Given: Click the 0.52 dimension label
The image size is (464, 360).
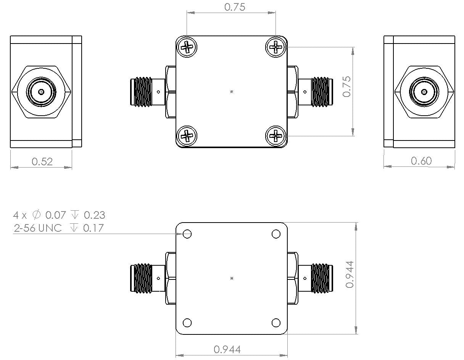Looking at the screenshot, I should click(42, 161).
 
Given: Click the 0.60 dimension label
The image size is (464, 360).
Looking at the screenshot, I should click(421, 161).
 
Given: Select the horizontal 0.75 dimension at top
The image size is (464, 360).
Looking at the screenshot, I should click(235, 7).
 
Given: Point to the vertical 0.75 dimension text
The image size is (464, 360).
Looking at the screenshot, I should click(347, 86).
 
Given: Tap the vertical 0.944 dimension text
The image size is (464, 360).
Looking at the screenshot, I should click(350, 274).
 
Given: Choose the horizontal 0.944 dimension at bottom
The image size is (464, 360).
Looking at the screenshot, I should click(227, 349).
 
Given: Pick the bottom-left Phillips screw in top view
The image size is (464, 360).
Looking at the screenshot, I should click(187, 135).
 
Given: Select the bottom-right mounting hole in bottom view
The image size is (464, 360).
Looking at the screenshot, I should click(276, 323).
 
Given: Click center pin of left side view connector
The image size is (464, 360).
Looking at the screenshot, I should click(41, 92).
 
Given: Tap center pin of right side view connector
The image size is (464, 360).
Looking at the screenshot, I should click(424, 92).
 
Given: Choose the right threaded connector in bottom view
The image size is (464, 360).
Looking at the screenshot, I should click(320, 278).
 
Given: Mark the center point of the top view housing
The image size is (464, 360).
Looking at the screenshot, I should click(232, 92).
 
